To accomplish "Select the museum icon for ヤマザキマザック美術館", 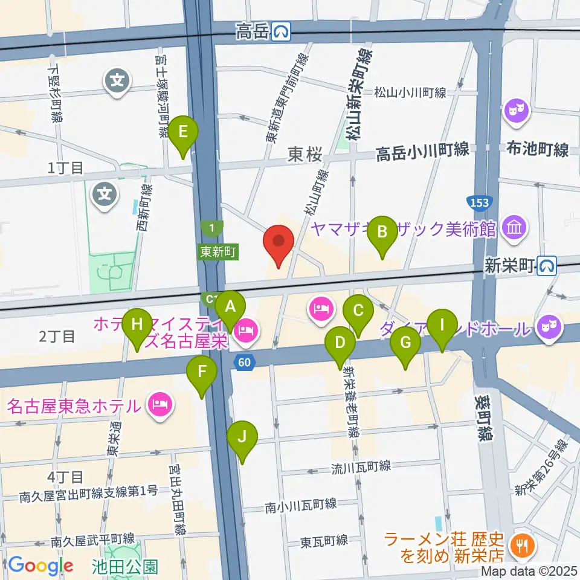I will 517,229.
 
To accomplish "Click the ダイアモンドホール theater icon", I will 549,328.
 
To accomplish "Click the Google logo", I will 41,565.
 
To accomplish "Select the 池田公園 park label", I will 126,567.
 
